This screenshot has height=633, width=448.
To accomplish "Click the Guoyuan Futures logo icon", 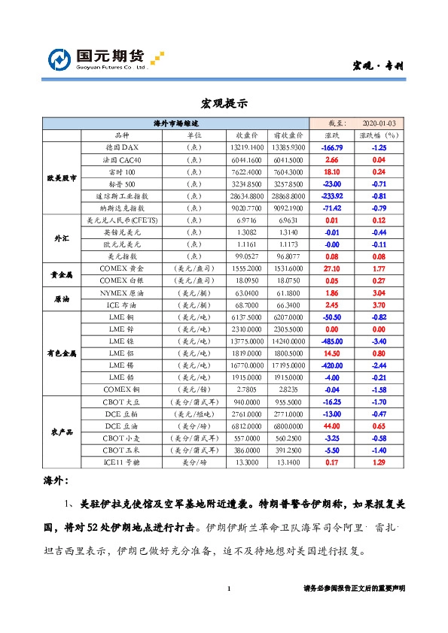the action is click(59, 59).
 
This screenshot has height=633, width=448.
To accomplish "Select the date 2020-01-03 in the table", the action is click(379, 123).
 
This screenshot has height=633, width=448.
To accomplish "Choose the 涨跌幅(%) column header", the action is click(379, 135).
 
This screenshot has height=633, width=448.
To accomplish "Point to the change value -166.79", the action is click(332, 147).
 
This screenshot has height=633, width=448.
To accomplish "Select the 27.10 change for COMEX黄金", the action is click(332, 268).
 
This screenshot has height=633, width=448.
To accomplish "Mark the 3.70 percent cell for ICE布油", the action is click(379, 304).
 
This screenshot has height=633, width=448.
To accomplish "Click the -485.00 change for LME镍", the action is click(332, 341).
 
